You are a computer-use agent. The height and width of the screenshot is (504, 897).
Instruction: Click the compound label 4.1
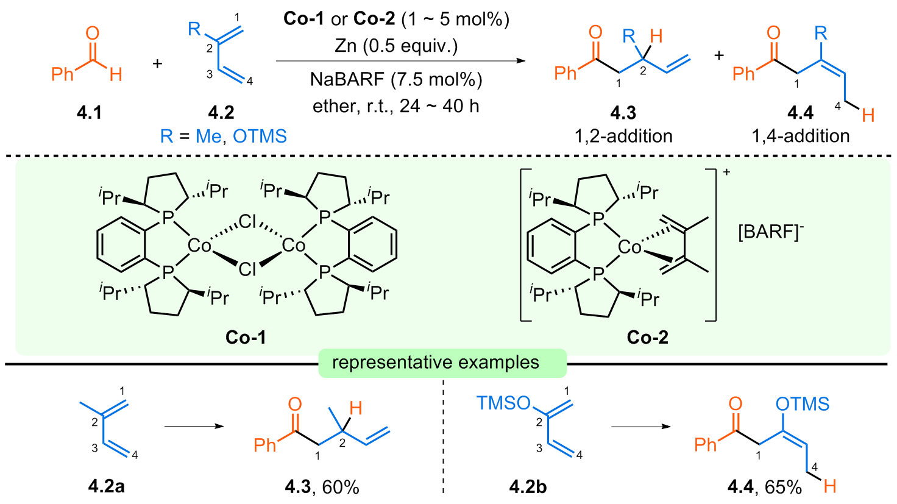coord(90,113)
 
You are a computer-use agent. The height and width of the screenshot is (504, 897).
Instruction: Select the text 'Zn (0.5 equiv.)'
coord(396,46)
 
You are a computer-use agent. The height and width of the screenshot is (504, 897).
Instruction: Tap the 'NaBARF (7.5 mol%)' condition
coord(396,79)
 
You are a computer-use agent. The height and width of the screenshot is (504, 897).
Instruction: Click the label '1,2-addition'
coord(623,137)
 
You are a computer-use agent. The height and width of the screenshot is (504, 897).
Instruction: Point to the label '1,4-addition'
coord(801,137)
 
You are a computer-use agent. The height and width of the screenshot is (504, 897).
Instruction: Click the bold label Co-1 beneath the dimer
coord(246,338)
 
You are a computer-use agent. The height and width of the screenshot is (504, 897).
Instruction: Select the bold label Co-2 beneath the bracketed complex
coord(648,338)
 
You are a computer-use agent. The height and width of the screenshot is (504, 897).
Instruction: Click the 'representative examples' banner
coord(436,363)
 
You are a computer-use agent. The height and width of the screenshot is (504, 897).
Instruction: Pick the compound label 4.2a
coord(106,487)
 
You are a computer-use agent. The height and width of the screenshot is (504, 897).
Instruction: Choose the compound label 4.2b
coord(528,487)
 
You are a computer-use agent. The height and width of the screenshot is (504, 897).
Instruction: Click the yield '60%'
coord(341,488)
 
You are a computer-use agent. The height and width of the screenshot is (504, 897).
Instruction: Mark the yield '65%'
coord(783,488)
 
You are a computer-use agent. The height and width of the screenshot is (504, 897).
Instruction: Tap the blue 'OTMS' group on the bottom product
coord(803,404)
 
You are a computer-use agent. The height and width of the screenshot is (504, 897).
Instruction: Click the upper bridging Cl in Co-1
coord(247,222)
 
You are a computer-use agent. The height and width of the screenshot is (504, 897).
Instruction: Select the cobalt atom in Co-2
coord(630,247)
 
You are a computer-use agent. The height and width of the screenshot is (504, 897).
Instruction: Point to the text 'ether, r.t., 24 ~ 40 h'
coord(396,106)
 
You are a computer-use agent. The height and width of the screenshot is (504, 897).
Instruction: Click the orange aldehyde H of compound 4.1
coord(116,74)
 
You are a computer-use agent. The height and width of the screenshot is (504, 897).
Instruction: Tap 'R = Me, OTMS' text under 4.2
coord(224,137)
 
